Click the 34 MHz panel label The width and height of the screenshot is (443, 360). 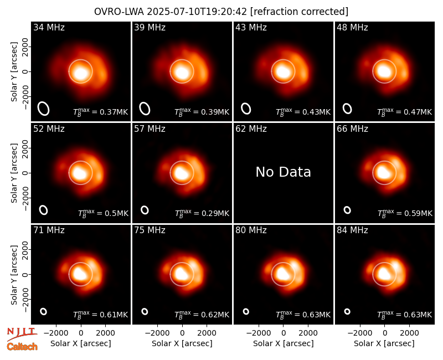click(x=49, y=27)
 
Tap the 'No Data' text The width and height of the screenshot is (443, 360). click(x=283, y=172)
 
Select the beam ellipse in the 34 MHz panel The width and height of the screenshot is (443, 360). click(x=44, y=109)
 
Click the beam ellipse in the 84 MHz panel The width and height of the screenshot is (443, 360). click(x=347, y=311)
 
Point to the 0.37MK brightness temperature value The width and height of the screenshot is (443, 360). click(x=101, y=112)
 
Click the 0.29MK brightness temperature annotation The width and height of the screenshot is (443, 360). click(x=202, y=213)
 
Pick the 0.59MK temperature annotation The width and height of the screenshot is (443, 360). click(x=405, y=213)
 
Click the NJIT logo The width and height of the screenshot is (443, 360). click(x=22, y=334)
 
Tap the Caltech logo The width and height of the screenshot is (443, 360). click(x=22, y=347)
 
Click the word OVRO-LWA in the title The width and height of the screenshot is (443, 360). click(x=119, y=12)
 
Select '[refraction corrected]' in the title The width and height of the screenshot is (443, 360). click(x=299, y=12)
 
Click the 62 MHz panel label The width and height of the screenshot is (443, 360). click(x=251, y=129)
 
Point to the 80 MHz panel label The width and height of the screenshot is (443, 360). click(x=251, y=230)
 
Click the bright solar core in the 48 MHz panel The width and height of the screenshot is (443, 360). click(x=384, y=71)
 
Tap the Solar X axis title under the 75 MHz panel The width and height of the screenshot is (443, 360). click(x=182, y=343)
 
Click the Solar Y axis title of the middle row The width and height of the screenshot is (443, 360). click(x=14, y=173)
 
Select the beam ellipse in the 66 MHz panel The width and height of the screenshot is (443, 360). click(x=347, y=210)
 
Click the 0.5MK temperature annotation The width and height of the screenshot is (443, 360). click(x=103, y=213)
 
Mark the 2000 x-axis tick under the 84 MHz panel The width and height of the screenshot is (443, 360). click(x=409, y=333)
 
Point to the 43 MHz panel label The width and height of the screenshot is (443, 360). click(x=251, y=27)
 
